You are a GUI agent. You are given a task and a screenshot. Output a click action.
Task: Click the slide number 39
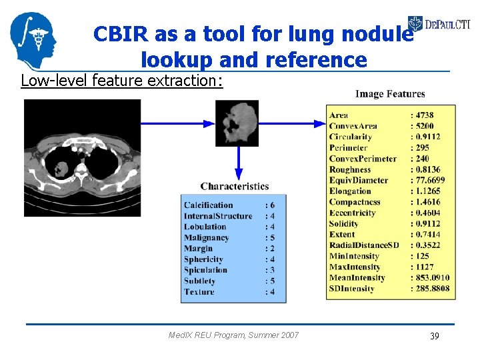click(434, 336)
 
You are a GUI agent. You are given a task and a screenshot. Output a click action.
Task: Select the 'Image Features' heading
click(390, 94)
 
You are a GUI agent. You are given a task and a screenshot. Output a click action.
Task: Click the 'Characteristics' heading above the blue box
click(235, 186)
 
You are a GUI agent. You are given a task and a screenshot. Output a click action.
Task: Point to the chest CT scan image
click(83, 157)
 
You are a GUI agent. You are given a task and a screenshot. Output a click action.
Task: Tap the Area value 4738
click(424, 115)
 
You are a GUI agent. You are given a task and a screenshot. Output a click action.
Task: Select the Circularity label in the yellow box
click(350, 137)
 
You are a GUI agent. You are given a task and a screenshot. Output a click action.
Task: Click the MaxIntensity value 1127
click(424, 267)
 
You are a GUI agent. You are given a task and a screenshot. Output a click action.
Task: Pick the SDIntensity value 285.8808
click(432, 289)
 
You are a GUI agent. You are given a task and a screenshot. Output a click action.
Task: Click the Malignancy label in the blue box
click(206, 237)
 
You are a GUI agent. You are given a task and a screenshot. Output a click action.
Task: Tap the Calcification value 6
click(271, 205)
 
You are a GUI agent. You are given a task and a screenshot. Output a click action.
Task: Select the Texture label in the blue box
click(199, 291)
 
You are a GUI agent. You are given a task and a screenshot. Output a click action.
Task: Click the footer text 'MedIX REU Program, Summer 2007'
click(234, 335)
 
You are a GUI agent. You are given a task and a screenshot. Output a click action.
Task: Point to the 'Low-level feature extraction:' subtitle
click(122, 81)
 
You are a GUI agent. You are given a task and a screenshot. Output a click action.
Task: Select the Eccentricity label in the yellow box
click(352, 213)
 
